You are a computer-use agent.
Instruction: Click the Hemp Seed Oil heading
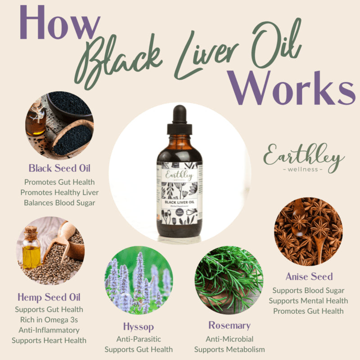[x=49, y=297]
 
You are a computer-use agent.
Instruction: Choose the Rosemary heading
[x=229, y=325]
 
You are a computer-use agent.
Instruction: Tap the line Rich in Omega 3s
[x=49, y=319]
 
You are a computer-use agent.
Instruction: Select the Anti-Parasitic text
[x=139, y=339]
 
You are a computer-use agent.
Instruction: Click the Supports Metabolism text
[x=229, y=349]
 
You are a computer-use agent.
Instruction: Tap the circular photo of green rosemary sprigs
[x=229, y=279]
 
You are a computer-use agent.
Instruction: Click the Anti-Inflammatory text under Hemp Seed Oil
[x=49, y=330]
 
